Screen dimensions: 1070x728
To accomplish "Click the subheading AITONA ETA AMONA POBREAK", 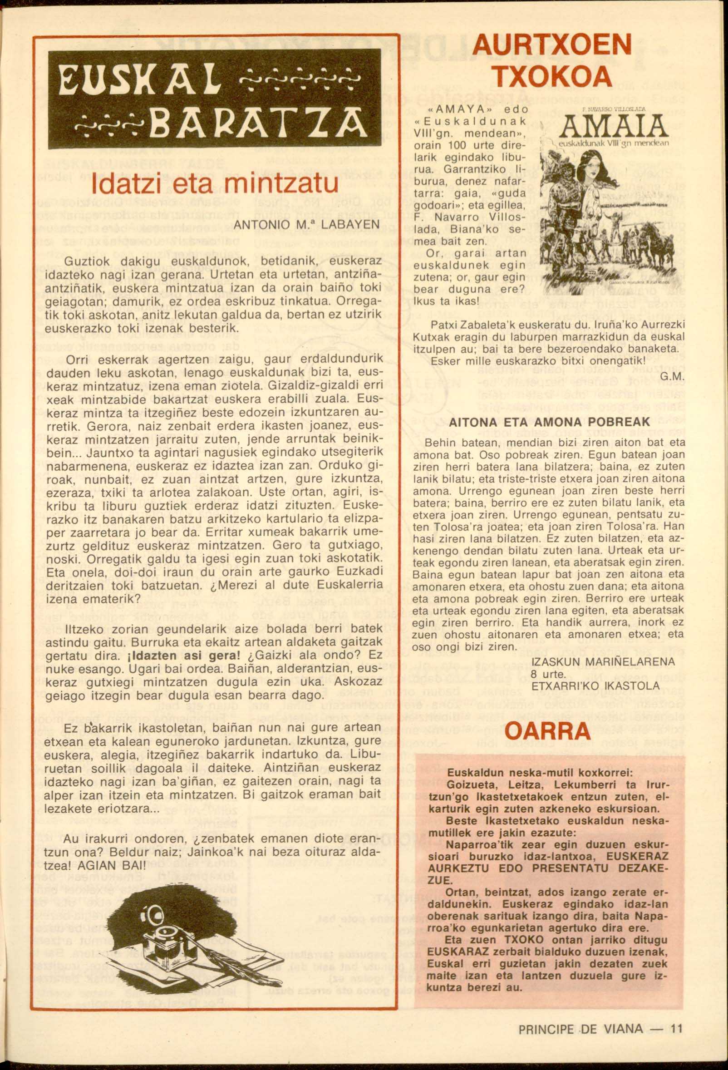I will click(x=550, y=422).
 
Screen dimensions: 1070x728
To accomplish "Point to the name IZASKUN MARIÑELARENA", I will click(x=603, y=662).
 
